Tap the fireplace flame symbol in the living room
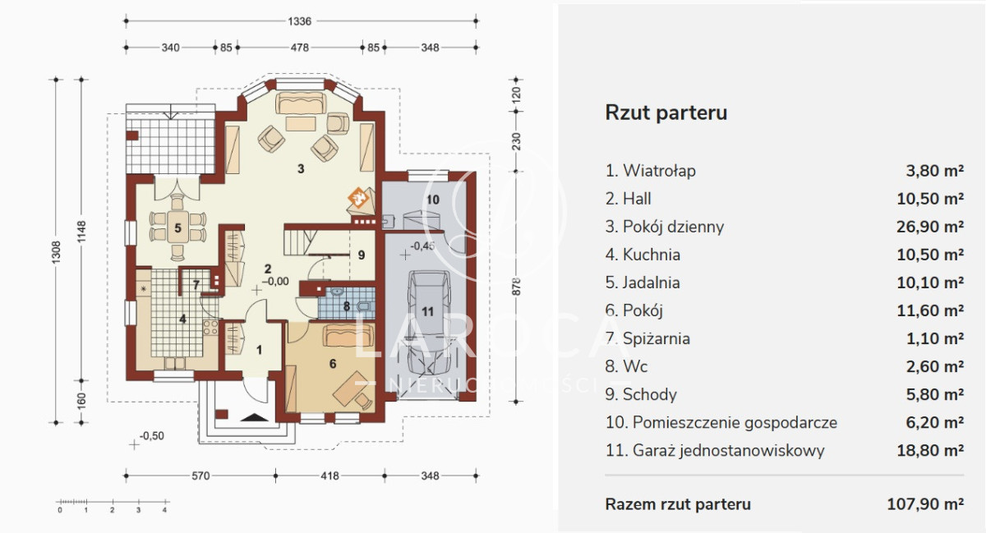(359, 197)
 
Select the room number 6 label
(333, 364)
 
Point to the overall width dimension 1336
(299, 21)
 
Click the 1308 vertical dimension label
(57, 253)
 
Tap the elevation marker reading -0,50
(152, 436)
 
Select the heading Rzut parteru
(666, 113)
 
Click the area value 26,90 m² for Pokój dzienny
(930, 227)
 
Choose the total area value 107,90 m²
(925, 504)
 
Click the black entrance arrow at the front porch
(255, 417)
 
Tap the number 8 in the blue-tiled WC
(347, 306)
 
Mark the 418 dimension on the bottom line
(329, 476)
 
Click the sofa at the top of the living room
(301, 103)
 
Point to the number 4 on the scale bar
(164, 510)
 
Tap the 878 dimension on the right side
(516, 286)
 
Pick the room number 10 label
(433, 200)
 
